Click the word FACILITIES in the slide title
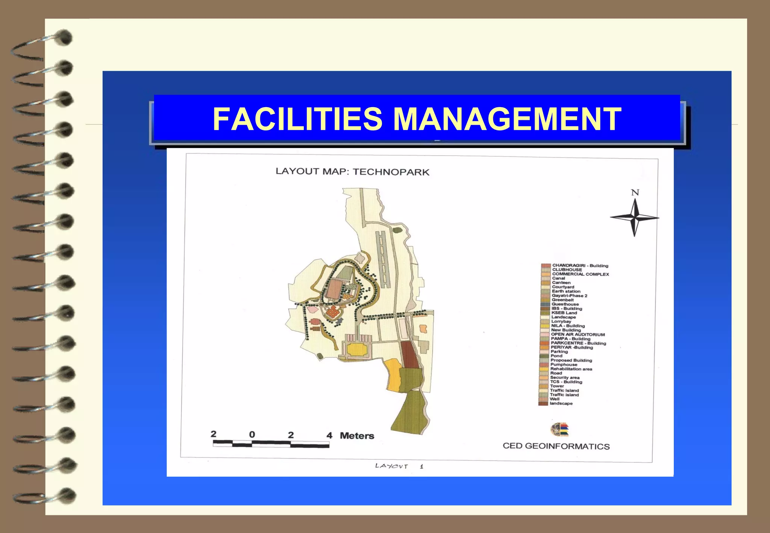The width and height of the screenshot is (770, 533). tap(297, 119)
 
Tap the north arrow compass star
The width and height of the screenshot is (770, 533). tap(635, 218)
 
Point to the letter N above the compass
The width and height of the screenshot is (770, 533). tap(635, 192)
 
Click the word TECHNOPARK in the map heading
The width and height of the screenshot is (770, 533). tap(391, 172)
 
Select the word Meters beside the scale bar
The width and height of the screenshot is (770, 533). tap(357, 436)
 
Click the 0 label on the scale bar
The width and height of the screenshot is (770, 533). tap(252, 435)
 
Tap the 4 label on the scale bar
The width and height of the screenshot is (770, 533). tap(329, 435)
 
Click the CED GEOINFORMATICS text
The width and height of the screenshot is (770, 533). tap(556, 446)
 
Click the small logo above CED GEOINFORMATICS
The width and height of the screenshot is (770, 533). tap(560, 430)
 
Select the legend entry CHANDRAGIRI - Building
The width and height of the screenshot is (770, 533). tap(580, 266)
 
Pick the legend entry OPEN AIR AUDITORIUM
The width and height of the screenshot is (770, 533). tap(578, 335)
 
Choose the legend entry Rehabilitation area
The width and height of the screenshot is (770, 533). tap(571, 369)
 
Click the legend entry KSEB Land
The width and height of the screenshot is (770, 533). tap(564, 313)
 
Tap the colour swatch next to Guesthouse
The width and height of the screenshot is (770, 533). tap(545, 304)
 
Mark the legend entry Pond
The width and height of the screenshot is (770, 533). tap(556, 356)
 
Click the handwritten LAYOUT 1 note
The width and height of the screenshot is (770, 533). tap(399, 466)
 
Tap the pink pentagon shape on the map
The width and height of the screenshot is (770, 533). tap(312, 309)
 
